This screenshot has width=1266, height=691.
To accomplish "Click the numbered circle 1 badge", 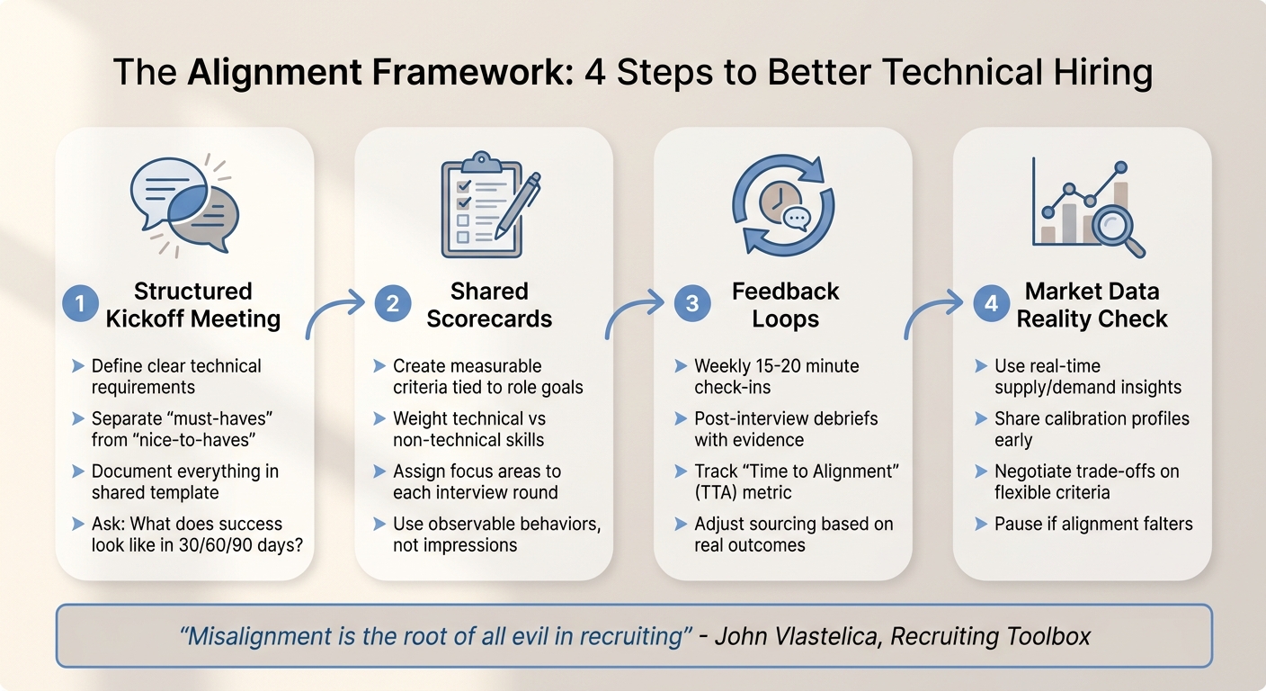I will point(80,305).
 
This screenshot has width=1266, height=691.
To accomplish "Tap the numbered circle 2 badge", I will point(392,305).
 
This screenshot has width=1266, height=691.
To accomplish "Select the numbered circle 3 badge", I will point(691,305).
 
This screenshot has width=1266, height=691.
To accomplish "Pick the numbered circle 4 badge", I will point(990,305).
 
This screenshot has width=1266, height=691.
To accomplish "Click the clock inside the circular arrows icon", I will point(778,203).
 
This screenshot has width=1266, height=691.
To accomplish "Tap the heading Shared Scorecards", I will point(489,305).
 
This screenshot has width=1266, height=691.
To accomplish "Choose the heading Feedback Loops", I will point(785,305).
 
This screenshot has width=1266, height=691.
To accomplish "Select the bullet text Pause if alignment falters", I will point(1093,524).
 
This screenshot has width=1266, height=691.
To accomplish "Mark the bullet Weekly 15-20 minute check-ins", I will point(776,377).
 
